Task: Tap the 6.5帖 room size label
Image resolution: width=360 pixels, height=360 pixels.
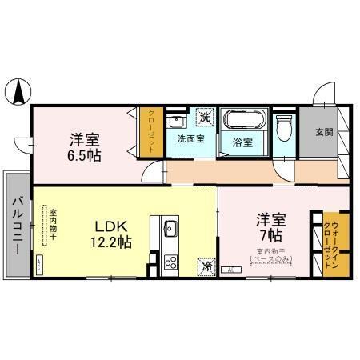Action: pyautogui.click(x=84, y=154)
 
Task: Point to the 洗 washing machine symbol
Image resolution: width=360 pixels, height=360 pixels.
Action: pyautogui.click(x=205, y=117)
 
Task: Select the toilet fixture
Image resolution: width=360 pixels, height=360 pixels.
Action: pyautogui.click(x=283, y=128)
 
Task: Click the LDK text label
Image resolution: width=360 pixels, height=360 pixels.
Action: pyautogui.click(x=110, y=226)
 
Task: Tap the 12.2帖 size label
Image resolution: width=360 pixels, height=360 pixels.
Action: pyautogui.click(x=110, y=242)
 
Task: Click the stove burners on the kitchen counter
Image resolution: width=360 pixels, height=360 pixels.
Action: pyautogui.click(x=170, y=260)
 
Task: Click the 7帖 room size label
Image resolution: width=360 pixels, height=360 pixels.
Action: pyautogui.click(x=268, y=235)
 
